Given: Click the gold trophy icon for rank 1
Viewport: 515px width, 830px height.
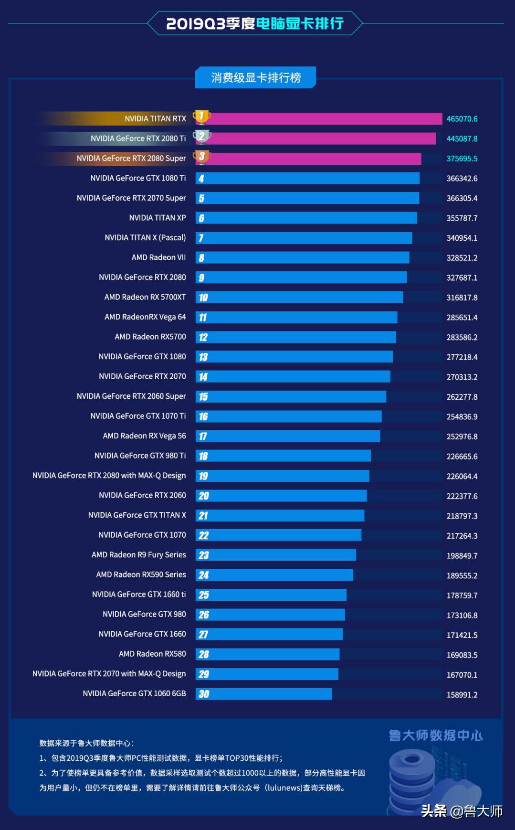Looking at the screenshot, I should (x=201, y=117).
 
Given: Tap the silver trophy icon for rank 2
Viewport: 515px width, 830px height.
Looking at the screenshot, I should (x=201, y=137).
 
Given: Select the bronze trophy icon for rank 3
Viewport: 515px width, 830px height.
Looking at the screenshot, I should (x=201, y=157).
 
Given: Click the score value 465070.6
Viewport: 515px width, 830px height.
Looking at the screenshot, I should (x=462, y=119).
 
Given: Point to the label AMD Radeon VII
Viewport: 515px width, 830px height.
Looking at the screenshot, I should (x=158, y=257).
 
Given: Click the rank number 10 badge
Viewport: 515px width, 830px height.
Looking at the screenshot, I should (x=203, y=298).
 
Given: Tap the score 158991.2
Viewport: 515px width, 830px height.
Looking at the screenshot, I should (x=462, y=695).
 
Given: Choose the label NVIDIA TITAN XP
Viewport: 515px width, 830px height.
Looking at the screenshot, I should (x=157, y=218).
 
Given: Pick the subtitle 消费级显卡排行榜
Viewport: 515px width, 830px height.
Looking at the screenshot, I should (x=256, y=77).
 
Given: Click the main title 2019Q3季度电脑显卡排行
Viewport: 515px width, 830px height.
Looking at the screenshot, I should (x=255, y=23).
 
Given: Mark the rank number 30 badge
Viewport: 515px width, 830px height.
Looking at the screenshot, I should (x=204, y=694).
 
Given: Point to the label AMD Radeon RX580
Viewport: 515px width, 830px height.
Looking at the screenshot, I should (x=152, y=654).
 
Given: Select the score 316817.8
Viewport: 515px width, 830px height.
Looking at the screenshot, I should (x=462, y=298).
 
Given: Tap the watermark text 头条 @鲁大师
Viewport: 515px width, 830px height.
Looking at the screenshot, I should (x=462, y=810).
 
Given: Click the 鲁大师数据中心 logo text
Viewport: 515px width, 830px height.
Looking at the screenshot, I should (x=435, y=735).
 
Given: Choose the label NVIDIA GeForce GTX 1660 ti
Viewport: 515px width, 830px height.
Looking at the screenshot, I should (x=139, y=595).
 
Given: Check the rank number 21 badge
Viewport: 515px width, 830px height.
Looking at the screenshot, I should (x=203, y=516).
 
